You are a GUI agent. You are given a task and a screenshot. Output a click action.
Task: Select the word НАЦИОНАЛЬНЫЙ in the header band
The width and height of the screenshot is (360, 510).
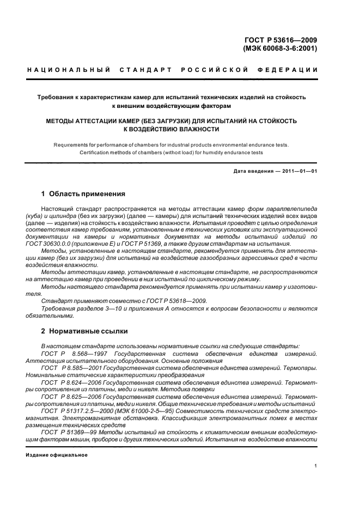69,70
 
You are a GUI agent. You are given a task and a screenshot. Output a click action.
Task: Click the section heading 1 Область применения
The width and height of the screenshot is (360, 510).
83,193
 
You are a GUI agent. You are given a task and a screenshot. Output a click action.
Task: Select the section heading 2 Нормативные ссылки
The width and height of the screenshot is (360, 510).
84,331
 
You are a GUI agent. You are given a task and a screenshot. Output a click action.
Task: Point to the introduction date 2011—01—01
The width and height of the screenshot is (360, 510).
299,172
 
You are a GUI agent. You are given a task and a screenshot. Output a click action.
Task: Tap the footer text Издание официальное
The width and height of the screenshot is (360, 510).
57,454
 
